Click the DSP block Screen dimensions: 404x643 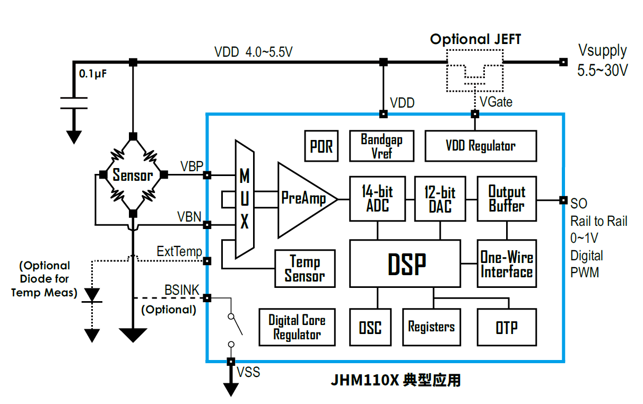(405, 264)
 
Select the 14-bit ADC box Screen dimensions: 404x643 (377, 199)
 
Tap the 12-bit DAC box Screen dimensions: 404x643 (440, 199)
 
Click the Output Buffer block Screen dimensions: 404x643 (507, 199)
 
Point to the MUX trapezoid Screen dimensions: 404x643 (244, 199)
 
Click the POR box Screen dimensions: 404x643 (321, 146)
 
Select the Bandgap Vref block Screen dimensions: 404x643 (381, 146)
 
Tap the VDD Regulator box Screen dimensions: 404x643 (480, 146)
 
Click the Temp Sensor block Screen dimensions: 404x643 (305, 268)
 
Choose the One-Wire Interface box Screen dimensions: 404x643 (506, 264)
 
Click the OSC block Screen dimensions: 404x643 (370, 327)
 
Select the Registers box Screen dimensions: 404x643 (431, 327)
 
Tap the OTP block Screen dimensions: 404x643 (506, 327)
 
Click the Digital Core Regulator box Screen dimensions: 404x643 (297, 327)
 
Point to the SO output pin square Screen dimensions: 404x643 (563, 200)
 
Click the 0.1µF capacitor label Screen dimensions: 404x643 (93, 74)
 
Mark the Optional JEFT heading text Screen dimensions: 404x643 (475, 39)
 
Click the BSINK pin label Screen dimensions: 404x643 (181, 289)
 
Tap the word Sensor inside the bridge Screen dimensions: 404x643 (133, 175)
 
